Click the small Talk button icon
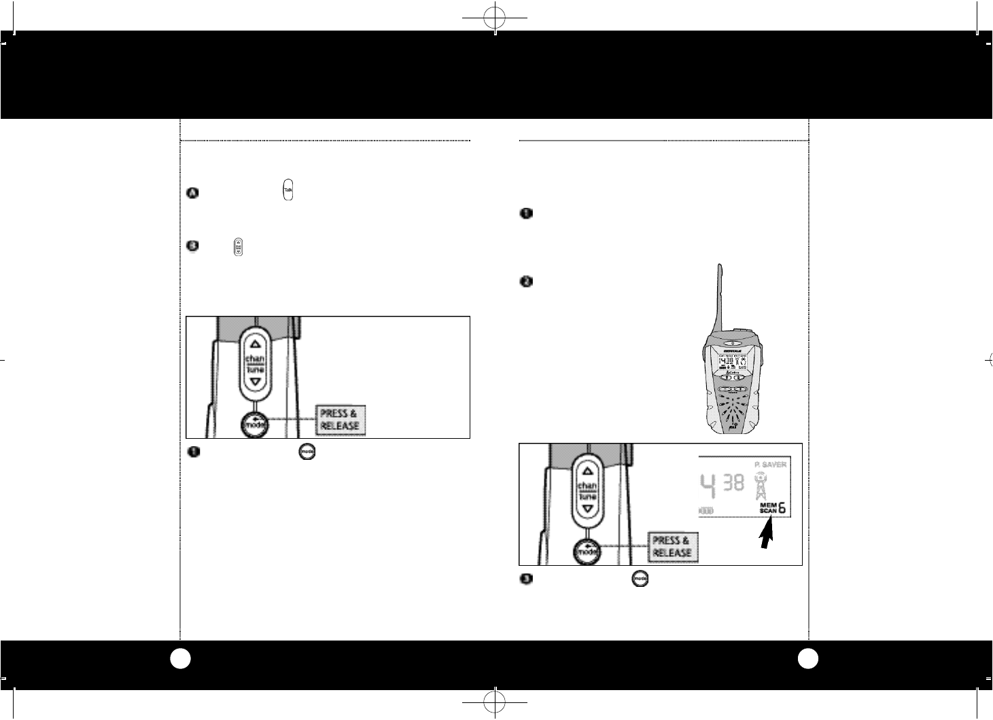tap(288, 191)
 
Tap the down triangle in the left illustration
tap(255, 383)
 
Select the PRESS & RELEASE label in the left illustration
tap(339, 420)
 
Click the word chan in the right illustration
tap(587, 487)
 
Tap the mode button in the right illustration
tap(587, 552)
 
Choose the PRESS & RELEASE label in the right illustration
tap(672, 547)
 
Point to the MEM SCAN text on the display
tap(765, 509)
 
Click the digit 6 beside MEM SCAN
tap(784, 508)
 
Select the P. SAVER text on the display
tap(770, 465)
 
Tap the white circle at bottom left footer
tap(179, 658)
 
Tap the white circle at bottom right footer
tap(809, 658)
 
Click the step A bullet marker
tap(192, 193)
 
